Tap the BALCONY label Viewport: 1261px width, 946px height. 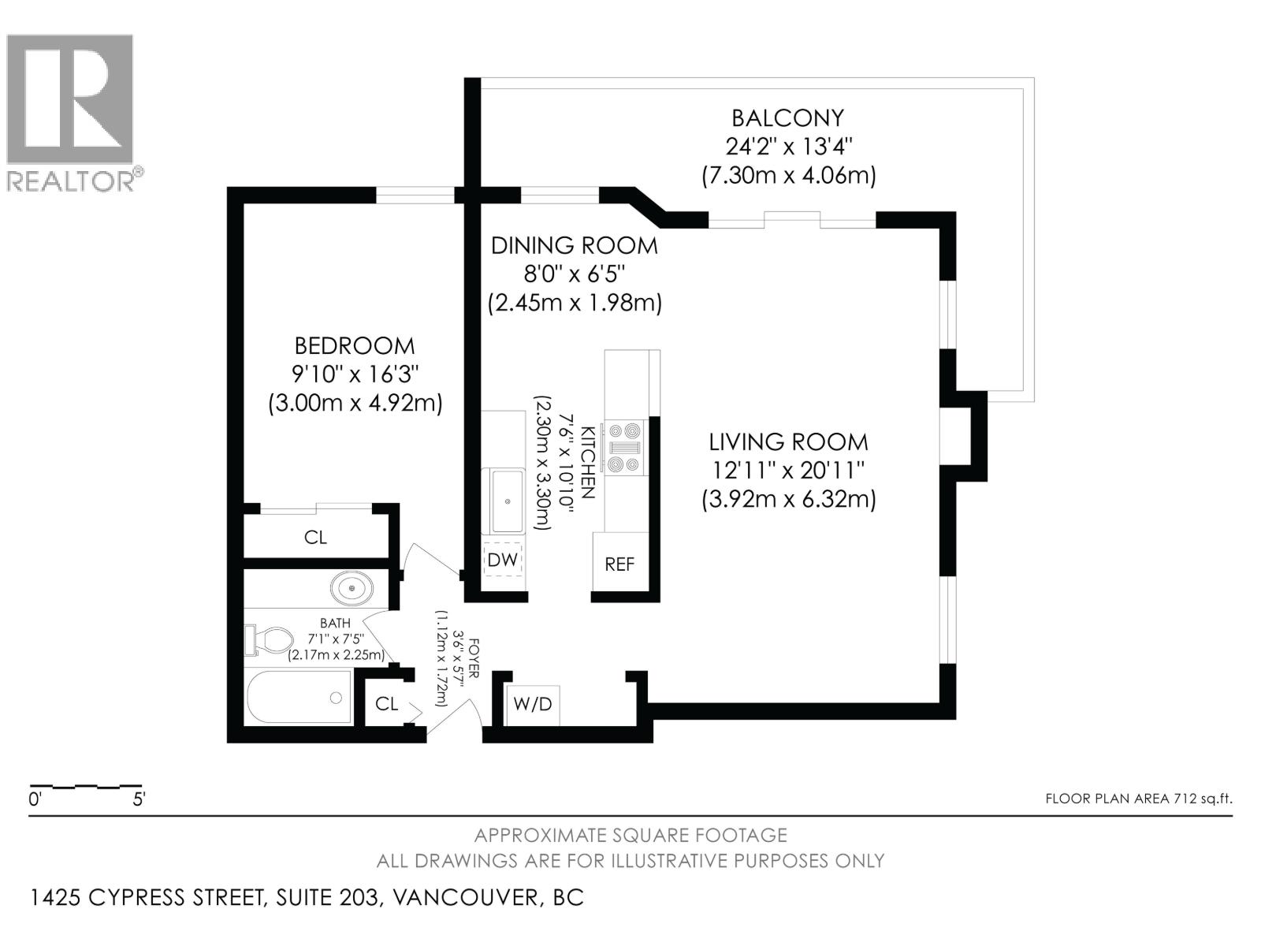coord(787,118)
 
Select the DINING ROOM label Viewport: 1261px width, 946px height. coord(574,246)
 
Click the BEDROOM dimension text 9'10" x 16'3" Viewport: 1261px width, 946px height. coord(355,374)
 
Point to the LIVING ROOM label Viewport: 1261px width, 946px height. coord(787,441)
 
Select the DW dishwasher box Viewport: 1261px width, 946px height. coord(503,560)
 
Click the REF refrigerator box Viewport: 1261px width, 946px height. coord(619,564)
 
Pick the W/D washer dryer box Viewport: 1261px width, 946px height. coord(533,704)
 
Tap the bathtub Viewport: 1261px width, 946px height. coord(299,698)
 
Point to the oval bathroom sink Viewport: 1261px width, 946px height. coord(352,588)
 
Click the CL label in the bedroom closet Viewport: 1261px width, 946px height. coord(315,538)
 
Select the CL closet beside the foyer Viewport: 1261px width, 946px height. coord(386,703)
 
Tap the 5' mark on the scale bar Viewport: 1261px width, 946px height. coord(139,799)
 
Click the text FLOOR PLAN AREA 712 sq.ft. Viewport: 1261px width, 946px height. coord(1138,799)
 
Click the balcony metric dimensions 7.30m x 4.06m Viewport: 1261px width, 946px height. coord(788,175)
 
